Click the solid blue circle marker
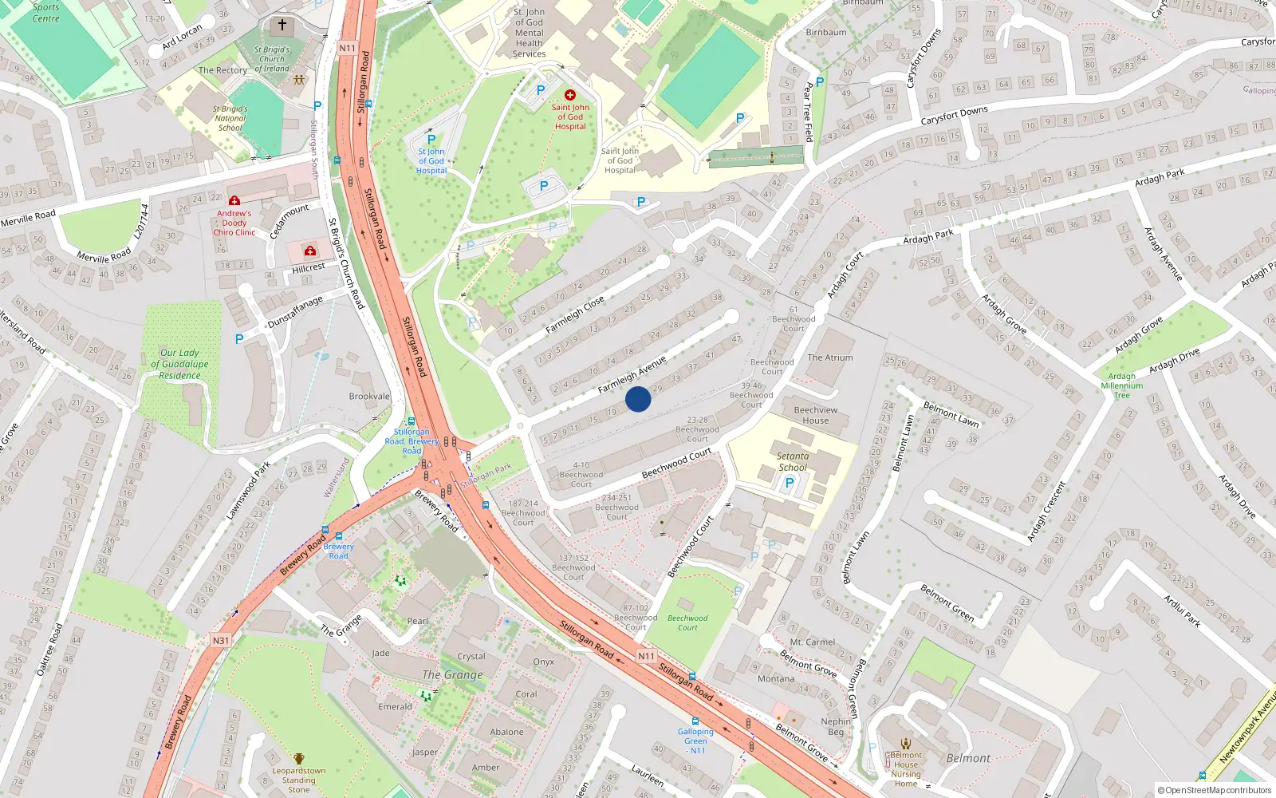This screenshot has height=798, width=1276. (x=638, y=398)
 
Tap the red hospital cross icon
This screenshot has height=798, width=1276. (x=570, y=95)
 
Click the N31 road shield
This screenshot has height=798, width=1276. (x=221, y=640)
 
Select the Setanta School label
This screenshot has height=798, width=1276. (x=792, y=462)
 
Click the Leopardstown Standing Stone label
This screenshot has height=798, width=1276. (x=299, y=780)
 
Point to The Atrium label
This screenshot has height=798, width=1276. (x=829, y=358)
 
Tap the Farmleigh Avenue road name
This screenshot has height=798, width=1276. (x=632, y=375)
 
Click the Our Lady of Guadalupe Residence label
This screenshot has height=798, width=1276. (x=179, y=364)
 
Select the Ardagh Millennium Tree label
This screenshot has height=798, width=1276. (x=1121, y=385)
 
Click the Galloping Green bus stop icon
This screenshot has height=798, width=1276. (x=695, y=721)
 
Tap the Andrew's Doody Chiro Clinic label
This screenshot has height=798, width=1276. (x=234, y=223)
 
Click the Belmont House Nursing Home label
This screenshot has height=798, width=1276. (x=906, y=768)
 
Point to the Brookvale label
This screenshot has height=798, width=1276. (x=369, y=396)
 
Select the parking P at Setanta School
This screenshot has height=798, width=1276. (x=790, y=483)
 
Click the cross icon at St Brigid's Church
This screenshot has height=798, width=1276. (x=282, y=26)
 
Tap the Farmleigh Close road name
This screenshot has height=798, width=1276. (x=574, y=315)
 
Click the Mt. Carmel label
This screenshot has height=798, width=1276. (x=813, y=642)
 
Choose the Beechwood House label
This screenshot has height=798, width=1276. (x=815, y=415)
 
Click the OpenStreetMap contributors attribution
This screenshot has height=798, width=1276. (x=1215, y=790)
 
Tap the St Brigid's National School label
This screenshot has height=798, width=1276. (x=230, y=118)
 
